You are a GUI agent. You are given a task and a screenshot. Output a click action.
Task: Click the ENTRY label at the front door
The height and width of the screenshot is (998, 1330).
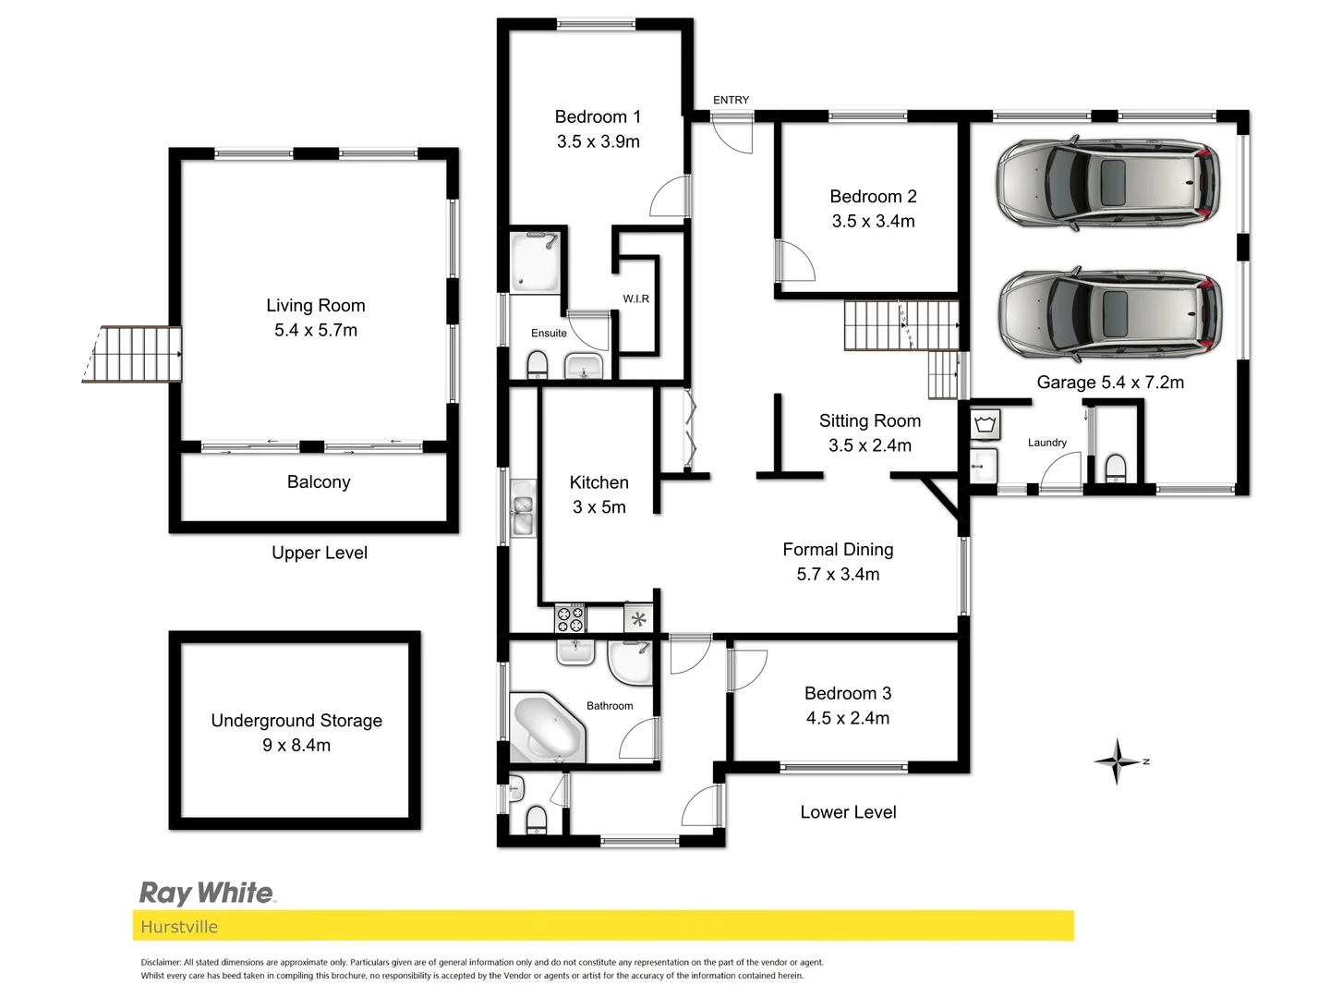tap(731, 100)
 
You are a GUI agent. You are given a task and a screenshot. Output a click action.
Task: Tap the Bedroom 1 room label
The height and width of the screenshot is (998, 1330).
tap(598, 116)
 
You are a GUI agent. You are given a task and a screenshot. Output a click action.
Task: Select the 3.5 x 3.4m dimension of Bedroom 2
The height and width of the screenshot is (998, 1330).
tap(873, 221)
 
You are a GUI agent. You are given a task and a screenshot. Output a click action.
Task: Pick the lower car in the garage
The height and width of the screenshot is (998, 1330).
tap(1108, 316)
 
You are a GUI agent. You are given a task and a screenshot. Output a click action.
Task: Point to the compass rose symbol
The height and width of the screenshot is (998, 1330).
tap(1118, 761)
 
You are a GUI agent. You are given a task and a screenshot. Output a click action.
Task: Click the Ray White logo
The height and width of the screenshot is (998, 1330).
tap(207, 893)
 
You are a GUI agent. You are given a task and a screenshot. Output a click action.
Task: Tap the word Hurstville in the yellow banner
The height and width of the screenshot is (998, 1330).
tap(179, 927)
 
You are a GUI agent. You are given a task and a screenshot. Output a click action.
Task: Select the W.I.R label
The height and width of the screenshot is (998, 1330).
tap(635, 298)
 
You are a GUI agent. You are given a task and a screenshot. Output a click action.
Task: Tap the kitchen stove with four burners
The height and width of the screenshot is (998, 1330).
tap(570, 617)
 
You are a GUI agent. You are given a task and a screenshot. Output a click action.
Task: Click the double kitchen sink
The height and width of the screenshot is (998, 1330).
tap(523, 509)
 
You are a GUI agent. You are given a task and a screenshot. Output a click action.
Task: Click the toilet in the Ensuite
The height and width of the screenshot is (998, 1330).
tap(537, 366)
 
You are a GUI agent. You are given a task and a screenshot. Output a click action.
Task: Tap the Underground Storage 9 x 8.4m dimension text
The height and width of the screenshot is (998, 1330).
tap(296, 745)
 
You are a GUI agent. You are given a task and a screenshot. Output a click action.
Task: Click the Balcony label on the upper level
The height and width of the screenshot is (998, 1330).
tap(319, 481)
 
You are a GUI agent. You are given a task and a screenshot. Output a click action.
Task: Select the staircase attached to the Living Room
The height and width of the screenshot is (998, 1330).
tap(135, 353)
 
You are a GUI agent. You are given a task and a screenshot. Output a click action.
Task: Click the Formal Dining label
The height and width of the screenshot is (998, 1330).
tap(838, 549)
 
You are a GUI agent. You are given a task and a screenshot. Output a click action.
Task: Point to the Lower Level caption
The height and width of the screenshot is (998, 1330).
tap(848, 812)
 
